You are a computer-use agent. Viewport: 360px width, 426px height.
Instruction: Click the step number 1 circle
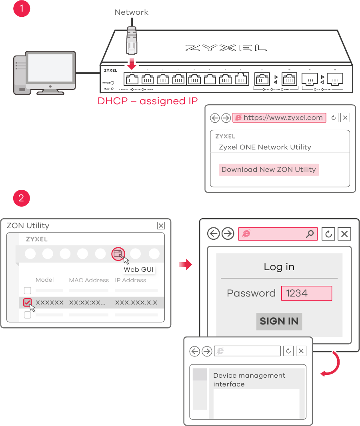[x=21, y=8]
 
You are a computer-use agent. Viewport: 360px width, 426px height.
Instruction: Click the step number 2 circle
[x=21, y=198]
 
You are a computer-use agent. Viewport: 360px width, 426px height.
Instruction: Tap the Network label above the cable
[x=131, y=12]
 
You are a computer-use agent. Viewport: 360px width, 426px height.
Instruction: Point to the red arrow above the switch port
[x=131, y=63]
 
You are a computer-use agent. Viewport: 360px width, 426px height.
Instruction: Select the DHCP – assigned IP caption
[x=148, y=101]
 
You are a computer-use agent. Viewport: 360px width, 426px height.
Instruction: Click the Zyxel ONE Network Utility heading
[x=265, y=147]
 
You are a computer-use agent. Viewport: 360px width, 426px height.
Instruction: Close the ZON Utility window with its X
[x=161, y=226]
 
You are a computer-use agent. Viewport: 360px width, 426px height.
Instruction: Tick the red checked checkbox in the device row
[x=27, y=303]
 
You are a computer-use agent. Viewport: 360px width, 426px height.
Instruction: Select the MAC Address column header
[x=89, y=280]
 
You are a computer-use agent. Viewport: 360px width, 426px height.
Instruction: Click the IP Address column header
[x=130, y=280]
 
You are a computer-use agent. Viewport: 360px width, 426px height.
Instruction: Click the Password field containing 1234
[x=306, y=293]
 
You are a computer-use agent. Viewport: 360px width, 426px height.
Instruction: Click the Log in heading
[x=279, y=267]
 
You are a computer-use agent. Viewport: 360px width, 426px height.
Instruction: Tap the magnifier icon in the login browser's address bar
[x=310, y=234]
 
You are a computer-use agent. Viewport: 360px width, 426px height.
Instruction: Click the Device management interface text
[x=249, y=380]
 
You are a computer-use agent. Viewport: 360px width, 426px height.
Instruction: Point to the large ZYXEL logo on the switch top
[x=226, y=48]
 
